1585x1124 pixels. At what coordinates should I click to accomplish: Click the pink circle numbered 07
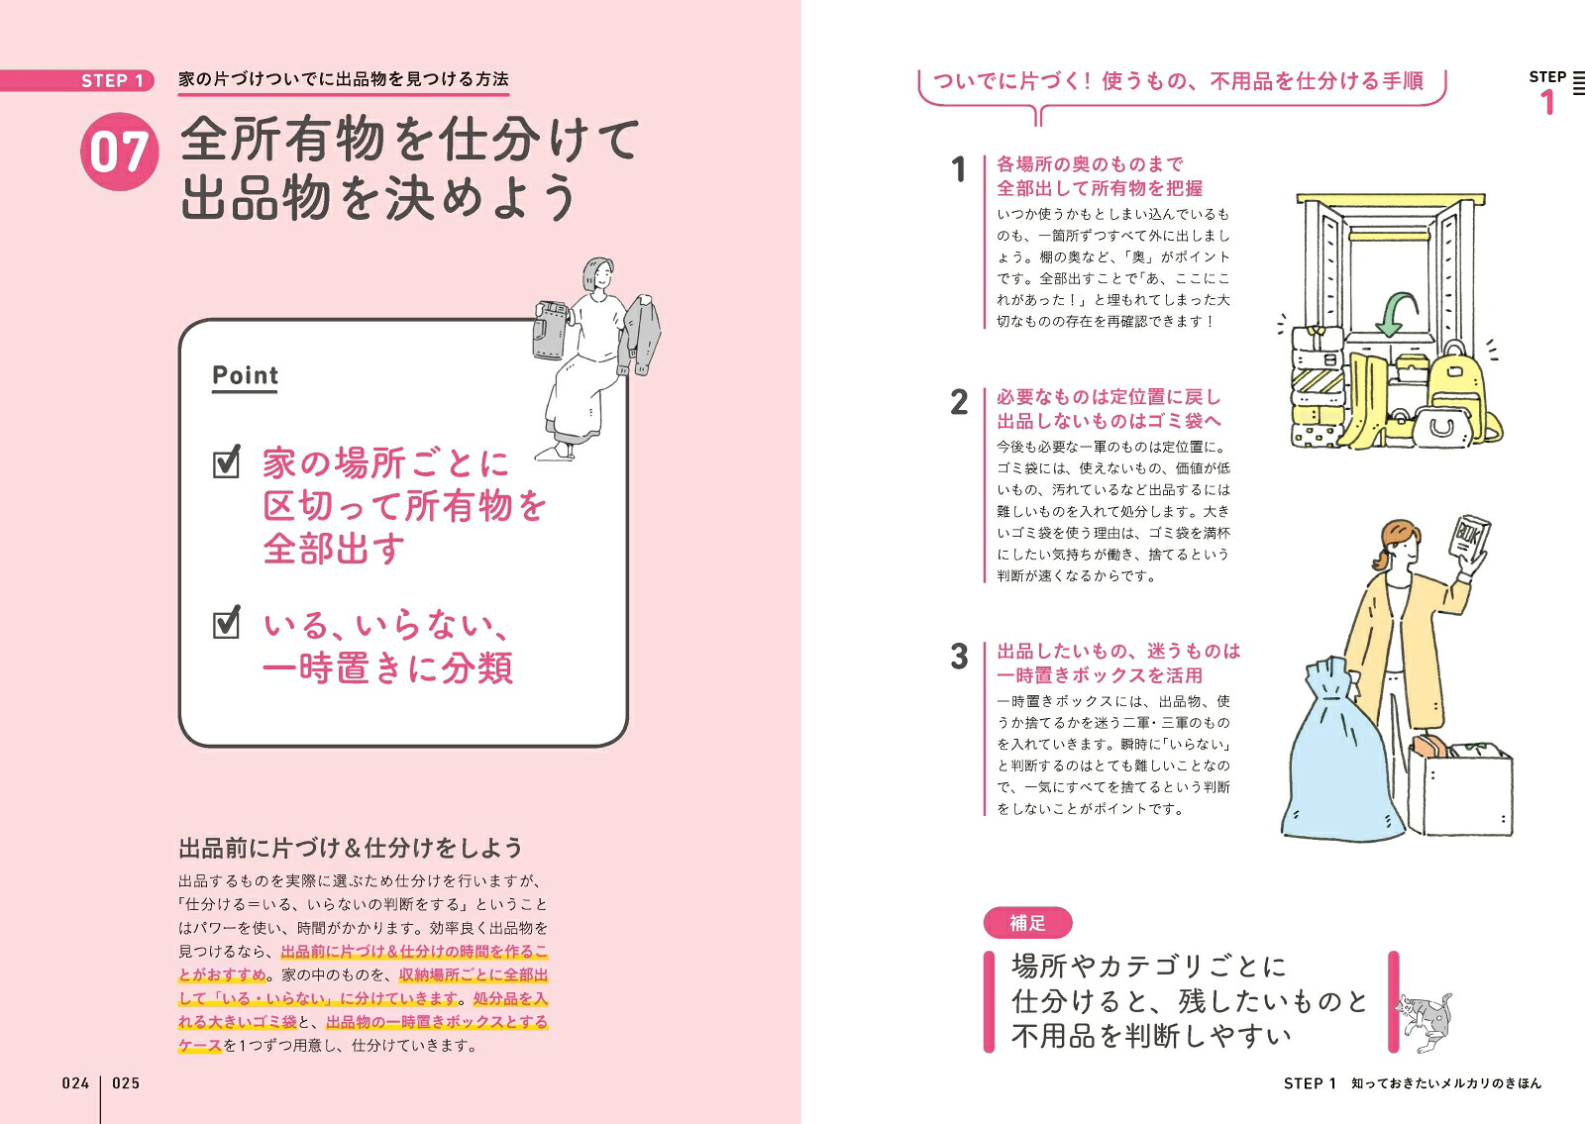pos(119,153)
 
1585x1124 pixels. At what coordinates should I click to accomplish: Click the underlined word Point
pos(245,375)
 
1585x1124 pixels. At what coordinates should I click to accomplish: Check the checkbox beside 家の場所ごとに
pos(227,462)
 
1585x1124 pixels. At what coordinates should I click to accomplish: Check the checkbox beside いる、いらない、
pos(227,623)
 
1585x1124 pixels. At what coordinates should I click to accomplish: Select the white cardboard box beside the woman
pos(1460,788)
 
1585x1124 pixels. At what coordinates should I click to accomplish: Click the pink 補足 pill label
pos(1027,922)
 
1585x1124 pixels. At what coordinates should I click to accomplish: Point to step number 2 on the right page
pos(959,402)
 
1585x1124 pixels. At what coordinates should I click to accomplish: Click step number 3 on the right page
pos(959,657)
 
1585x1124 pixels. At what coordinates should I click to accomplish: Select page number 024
pos(75,1083)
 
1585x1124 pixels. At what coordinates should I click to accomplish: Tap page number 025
pos(126,1083)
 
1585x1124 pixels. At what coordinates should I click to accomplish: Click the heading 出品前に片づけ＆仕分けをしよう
pos(351,848)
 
